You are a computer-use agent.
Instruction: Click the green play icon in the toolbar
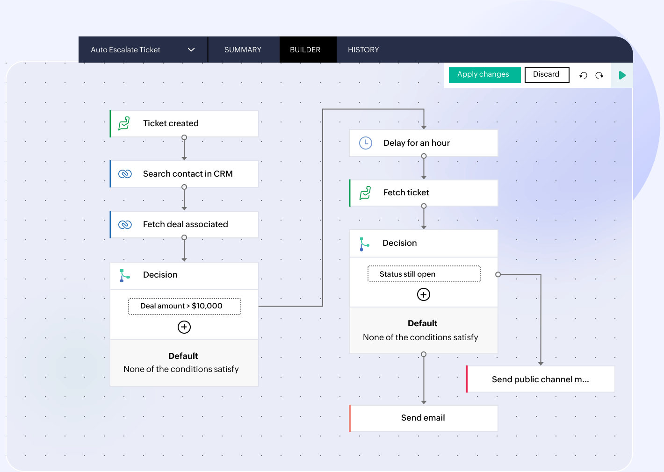click(x=622, y=75)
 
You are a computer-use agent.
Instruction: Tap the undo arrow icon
click(x=583, y=75)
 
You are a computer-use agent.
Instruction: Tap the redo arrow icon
click(x=599, y=75)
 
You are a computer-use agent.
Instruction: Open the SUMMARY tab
click(x=243, y=50)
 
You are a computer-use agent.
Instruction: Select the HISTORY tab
click(x=363, y=50)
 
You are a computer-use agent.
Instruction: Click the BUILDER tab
click(x=305, y=50)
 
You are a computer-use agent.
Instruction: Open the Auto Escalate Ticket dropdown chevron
click(x=191, y=50)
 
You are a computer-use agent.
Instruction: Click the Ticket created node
click(x=184, y=123)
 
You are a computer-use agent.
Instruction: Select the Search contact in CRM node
click(x=184, y=174)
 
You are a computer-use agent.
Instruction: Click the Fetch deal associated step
click(x=184, y=224)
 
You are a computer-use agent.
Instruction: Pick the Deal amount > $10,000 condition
click(x=184, y=306)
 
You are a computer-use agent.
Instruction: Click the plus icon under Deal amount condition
click(x=184, y=327)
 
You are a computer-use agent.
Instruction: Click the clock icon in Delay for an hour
click(x=366, y=143)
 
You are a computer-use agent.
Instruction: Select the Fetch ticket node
click(x=424, y=193)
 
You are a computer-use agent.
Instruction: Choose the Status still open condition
click(x=424, y=274)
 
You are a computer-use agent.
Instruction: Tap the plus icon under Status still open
click(x=424, y=294)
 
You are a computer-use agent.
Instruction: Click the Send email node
click(x=424, y=418)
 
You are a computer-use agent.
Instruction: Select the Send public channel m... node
click(x=541, y=379)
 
